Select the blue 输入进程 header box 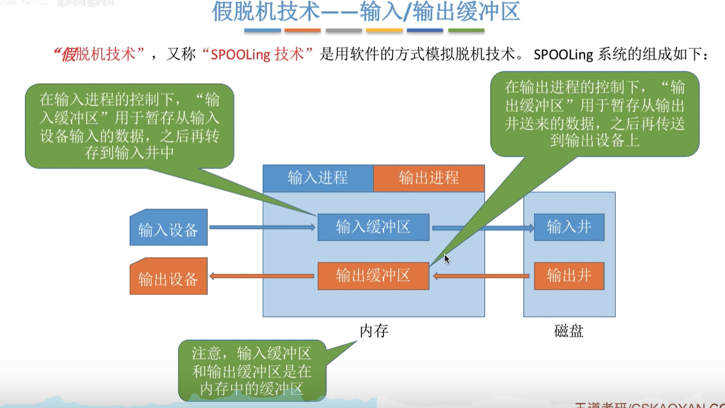pos(318,178)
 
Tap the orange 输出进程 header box pos(429,178)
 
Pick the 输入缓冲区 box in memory pos(373,227)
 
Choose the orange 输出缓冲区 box pos(373,276)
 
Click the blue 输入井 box pos(569,227)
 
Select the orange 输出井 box pos(569,276)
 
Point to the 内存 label pos(374,331)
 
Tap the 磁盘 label pos(569,331)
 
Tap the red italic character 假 pos(69,55)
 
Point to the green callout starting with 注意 pos(252,370)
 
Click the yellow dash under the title pos(384,30)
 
